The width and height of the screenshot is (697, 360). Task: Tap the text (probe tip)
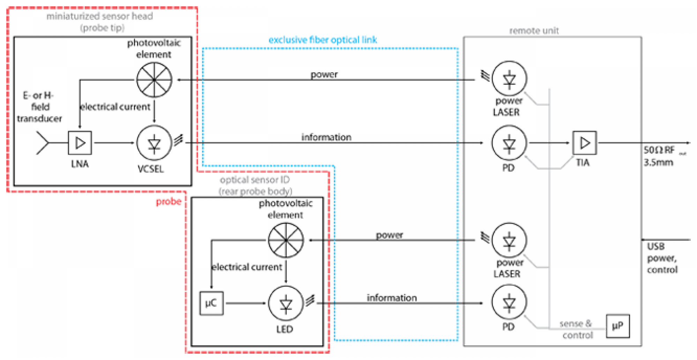[102, 28]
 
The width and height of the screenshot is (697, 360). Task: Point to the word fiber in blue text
[319, 40]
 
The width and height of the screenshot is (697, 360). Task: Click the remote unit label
[534, 31]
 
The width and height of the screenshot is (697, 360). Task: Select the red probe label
[168, 202]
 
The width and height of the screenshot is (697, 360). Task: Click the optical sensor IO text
[254, 180]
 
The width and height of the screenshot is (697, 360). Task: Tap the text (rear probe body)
[255, 191]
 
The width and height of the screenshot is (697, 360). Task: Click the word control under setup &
[578, 336]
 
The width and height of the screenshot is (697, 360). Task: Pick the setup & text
[575, 324]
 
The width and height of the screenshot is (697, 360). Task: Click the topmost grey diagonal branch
[530, 98]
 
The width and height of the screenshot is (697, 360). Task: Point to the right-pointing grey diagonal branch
[567, 162]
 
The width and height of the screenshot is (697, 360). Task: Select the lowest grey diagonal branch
[530, 321]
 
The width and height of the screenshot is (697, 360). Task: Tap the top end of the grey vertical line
[550, 88]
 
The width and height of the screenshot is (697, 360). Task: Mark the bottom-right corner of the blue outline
[458, 340]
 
